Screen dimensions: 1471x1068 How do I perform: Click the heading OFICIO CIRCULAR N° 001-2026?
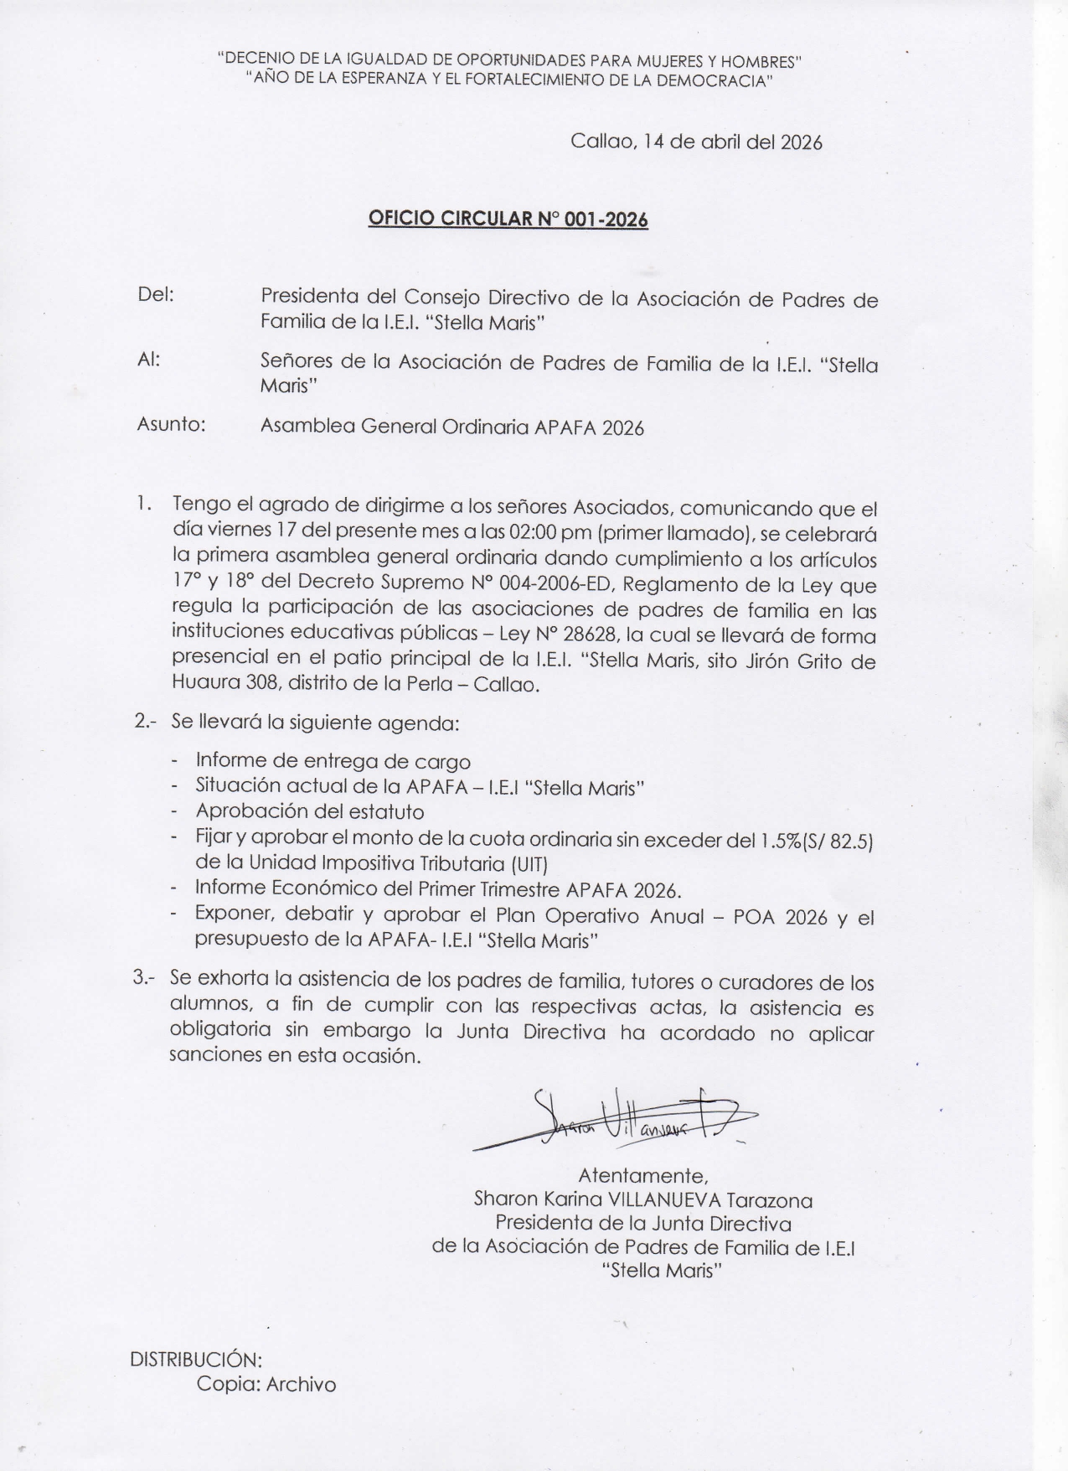[x=508, y=220]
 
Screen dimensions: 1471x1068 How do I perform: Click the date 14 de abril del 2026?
[x=733, y=142]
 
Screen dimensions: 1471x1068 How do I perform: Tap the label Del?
[x=155, y=295]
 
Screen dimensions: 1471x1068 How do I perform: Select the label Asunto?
[x=171, y=424]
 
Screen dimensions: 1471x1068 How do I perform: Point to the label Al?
[x=148, y=360]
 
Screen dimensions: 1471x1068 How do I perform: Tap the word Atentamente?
[x=643, y=1175]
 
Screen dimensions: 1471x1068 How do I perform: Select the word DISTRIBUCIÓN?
[x=196, y=1359]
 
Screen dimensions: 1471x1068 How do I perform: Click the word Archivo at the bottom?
[x=301, y=1384]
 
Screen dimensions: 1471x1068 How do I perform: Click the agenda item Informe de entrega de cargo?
[x=333, y=761]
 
